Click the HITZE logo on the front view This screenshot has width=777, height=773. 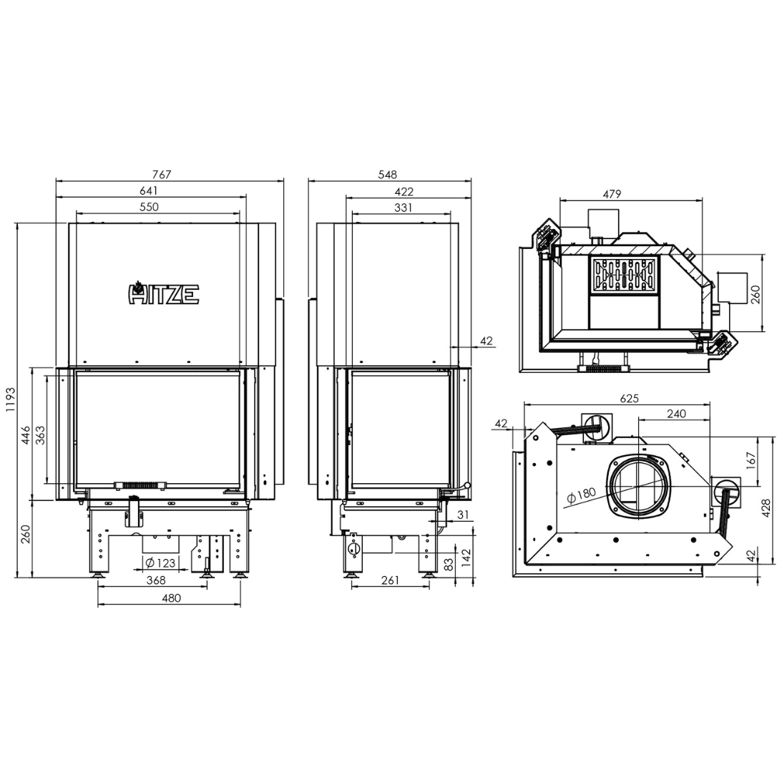tap(164, 293)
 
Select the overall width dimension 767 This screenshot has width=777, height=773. tap(162, 175)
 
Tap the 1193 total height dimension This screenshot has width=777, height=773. tap(11, 400)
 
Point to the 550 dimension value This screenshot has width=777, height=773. tap(149, 207)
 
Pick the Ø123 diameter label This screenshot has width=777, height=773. tap(160, 563)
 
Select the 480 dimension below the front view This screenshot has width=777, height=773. tap(172, 598)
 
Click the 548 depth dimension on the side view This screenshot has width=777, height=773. tap(388, 175)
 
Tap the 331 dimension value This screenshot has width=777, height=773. tap(404, 208)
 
